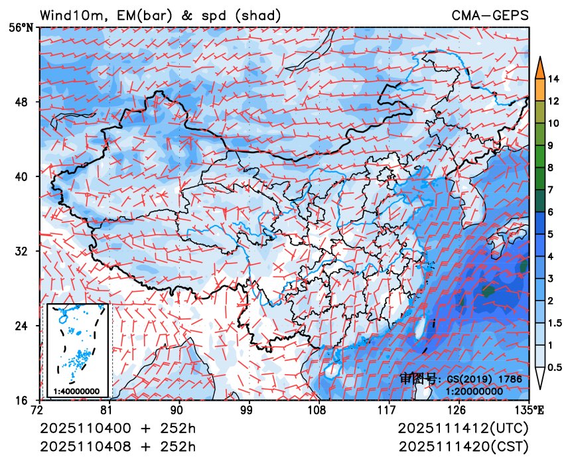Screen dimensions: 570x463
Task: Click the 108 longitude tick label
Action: (317, 409)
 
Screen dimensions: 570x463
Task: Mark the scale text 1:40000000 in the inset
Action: (77, 391)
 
